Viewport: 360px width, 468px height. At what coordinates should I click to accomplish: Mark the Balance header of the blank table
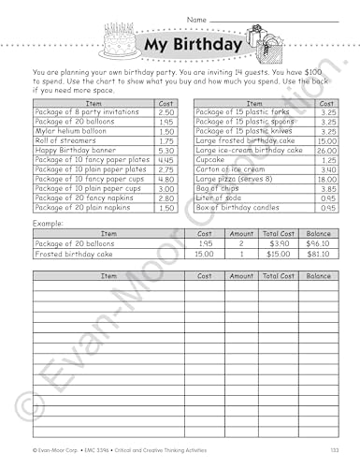pos(319,277)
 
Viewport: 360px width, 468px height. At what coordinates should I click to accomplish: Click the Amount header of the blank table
pos(240,277)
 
